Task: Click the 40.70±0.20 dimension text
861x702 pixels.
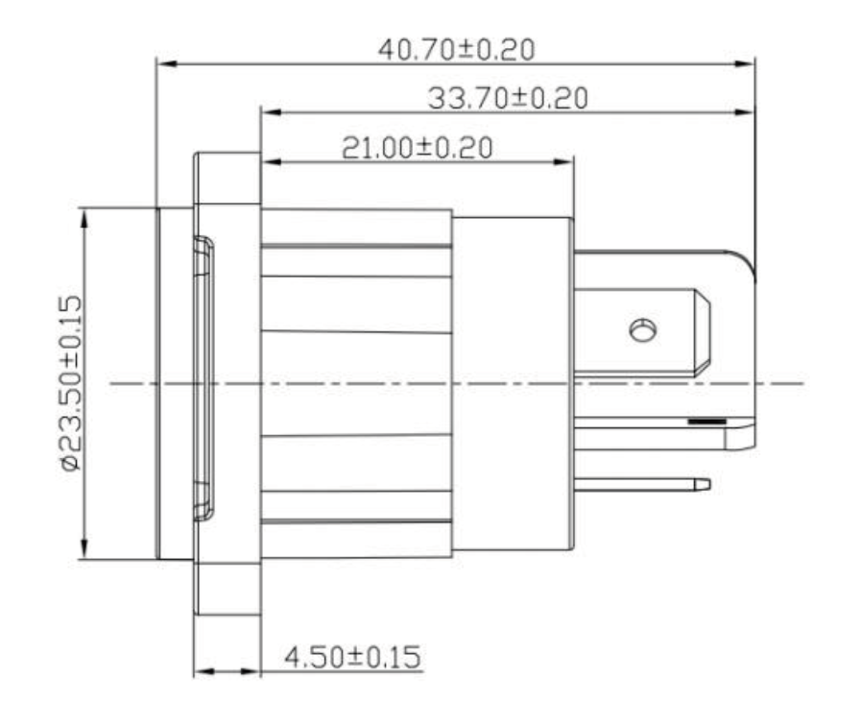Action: (456, 50)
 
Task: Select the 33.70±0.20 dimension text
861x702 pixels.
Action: (508, 98)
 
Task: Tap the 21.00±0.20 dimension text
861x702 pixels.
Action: (418, 148)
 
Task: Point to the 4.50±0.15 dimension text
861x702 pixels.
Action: (352, 657)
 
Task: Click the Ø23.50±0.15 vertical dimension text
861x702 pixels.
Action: (72, 383)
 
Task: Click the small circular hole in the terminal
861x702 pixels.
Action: (642, 330)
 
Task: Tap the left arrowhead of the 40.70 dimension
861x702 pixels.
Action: (167, 63)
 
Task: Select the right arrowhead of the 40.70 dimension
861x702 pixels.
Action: (745, 63)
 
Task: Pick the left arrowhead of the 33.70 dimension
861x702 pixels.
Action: (272, 112)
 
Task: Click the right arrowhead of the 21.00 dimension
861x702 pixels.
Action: (563, 162)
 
